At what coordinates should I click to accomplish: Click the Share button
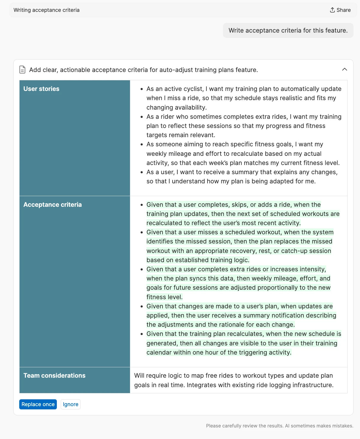point(340,10)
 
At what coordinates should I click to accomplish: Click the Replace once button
point(38,404)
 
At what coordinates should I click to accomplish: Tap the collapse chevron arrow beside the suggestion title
point(344,69)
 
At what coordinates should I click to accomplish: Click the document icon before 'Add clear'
point(22,70)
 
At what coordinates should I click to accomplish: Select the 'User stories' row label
point(41,89)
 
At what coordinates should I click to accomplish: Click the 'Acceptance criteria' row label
point(52,205)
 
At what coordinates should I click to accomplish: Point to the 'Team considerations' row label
point(54,376)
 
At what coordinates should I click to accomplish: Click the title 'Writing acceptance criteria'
point(46,10)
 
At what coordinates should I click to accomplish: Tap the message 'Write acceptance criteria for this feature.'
point(288,31)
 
